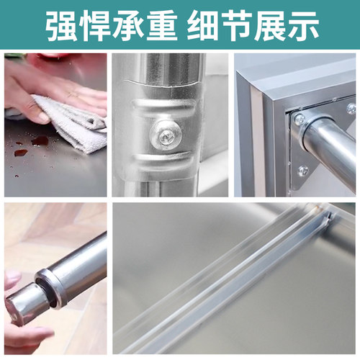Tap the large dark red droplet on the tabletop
[x=40, y=140]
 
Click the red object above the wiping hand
[x=50, y=57]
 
